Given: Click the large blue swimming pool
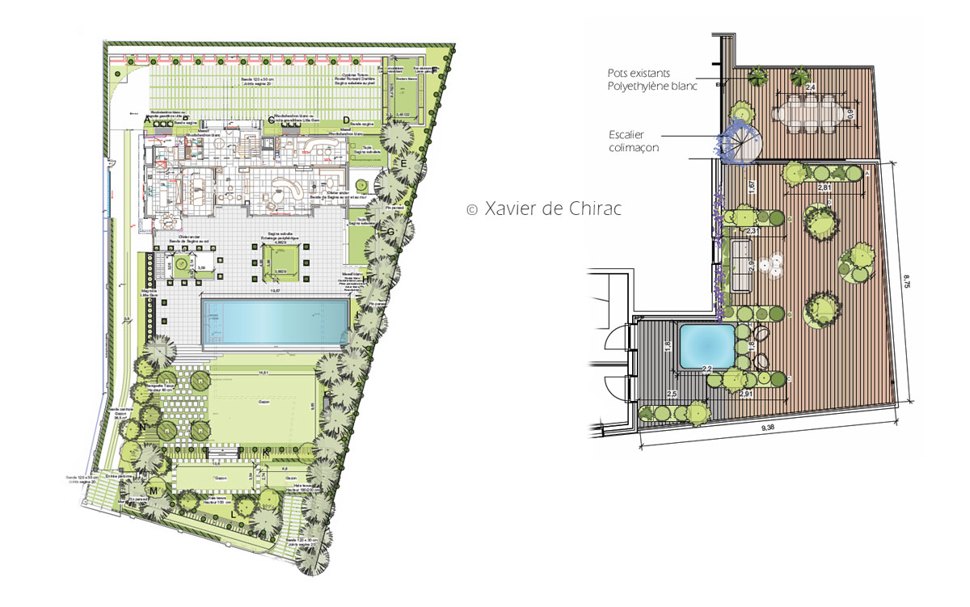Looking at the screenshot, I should [276, 322].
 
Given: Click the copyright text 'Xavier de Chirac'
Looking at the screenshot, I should [546, 209].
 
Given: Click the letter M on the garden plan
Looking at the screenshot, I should [152, 491].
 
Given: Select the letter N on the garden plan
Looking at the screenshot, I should [142, 426].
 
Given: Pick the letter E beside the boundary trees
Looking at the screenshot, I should [403, 164].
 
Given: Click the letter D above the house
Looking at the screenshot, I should [346, 120].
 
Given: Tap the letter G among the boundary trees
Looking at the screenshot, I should [390, 232].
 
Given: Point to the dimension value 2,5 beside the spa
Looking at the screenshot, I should [671, 394].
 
